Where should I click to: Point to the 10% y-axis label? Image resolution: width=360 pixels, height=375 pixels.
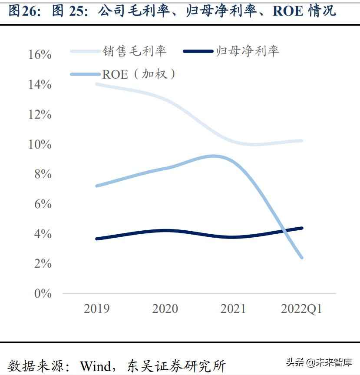coord(40,144)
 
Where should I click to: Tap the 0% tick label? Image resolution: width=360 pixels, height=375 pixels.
coord(43,293)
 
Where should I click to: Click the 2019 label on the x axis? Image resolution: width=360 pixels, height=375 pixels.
coord(96,309)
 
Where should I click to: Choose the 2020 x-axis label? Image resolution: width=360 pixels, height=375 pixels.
coord(165,309)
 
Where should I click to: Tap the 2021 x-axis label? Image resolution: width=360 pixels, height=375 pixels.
coord(233,309)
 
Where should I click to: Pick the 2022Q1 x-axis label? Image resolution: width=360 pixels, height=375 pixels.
coord(301,309)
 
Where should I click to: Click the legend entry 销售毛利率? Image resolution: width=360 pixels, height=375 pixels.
coord(135,51)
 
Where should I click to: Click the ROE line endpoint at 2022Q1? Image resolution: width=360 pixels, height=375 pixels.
coord(301,258)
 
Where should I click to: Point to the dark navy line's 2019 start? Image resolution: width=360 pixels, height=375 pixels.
coord(96,239)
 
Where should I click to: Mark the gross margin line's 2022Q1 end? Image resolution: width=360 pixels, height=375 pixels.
coord(301,141)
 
